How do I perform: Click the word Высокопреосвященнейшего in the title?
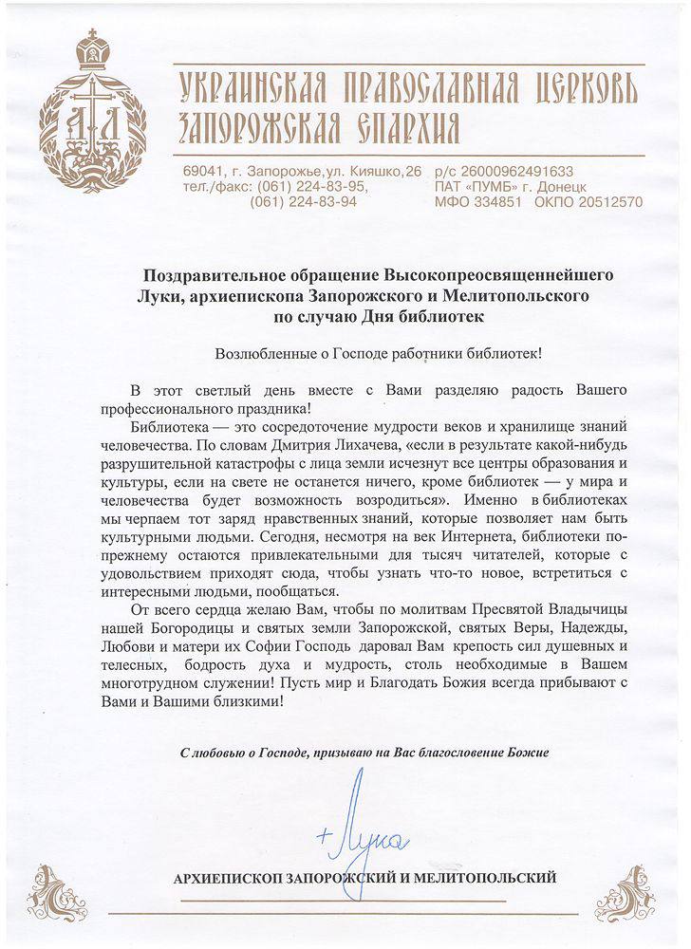click(x=498, y=274)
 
